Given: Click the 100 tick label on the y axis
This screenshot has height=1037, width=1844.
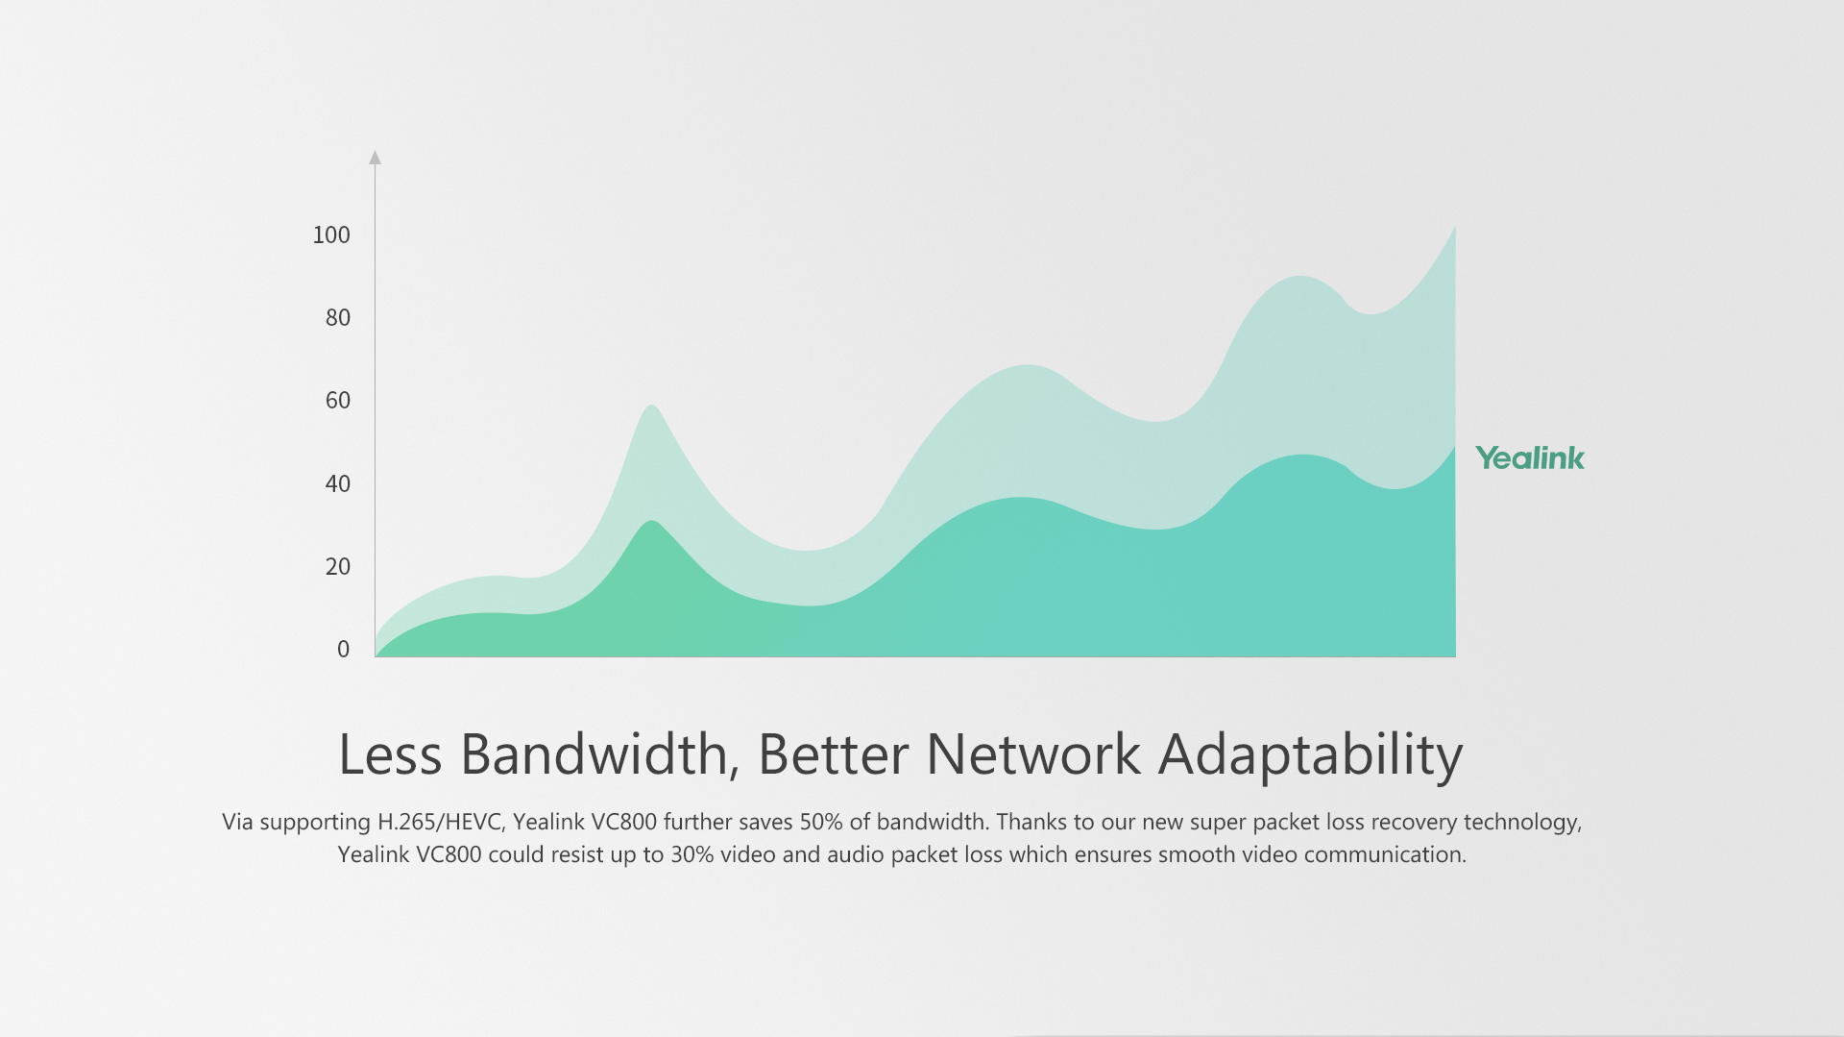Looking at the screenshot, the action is point(331,235).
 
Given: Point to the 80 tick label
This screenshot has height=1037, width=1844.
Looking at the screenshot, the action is point(338,317).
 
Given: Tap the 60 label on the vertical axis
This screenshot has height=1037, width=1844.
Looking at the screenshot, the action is point(338,400).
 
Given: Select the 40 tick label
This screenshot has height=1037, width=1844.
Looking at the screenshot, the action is point(338,483).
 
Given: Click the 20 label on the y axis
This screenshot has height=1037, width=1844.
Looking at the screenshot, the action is point(338,566).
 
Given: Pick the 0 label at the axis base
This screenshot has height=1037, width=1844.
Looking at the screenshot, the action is point(344,649).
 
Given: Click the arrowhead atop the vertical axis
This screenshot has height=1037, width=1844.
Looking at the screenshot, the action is point(376,157).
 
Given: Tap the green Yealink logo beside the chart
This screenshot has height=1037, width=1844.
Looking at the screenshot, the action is point(1530,458).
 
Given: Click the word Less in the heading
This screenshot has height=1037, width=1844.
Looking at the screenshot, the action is point(390,754).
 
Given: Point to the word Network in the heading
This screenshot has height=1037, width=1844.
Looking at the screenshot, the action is point(1033,754).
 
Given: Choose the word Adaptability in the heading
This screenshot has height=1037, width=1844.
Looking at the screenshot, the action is point(1311,756).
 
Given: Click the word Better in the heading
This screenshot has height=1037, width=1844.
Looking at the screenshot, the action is point(833,754).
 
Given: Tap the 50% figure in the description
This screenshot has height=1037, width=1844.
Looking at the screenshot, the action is point(821,822).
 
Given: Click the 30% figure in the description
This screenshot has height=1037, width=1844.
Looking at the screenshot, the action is point(691,854).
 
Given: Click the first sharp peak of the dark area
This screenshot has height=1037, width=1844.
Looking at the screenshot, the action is point(652,522).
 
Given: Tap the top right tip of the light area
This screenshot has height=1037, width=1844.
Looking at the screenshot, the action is point(1455,227).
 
